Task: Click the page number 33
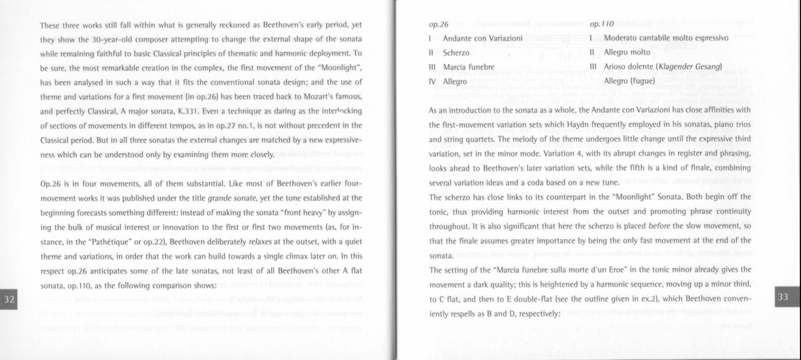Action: coord(783,296)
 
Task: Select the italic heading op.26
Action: coord(438,24)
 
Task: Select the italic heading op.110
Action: coord(601,24)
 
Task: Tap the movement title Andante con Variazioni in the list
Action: coord(482,38)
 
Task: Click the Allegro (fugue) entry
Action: coord(629,81)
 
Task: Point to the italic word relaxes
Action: coord(260,242)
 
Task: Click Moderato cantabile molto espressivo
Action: coord(666,38)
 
